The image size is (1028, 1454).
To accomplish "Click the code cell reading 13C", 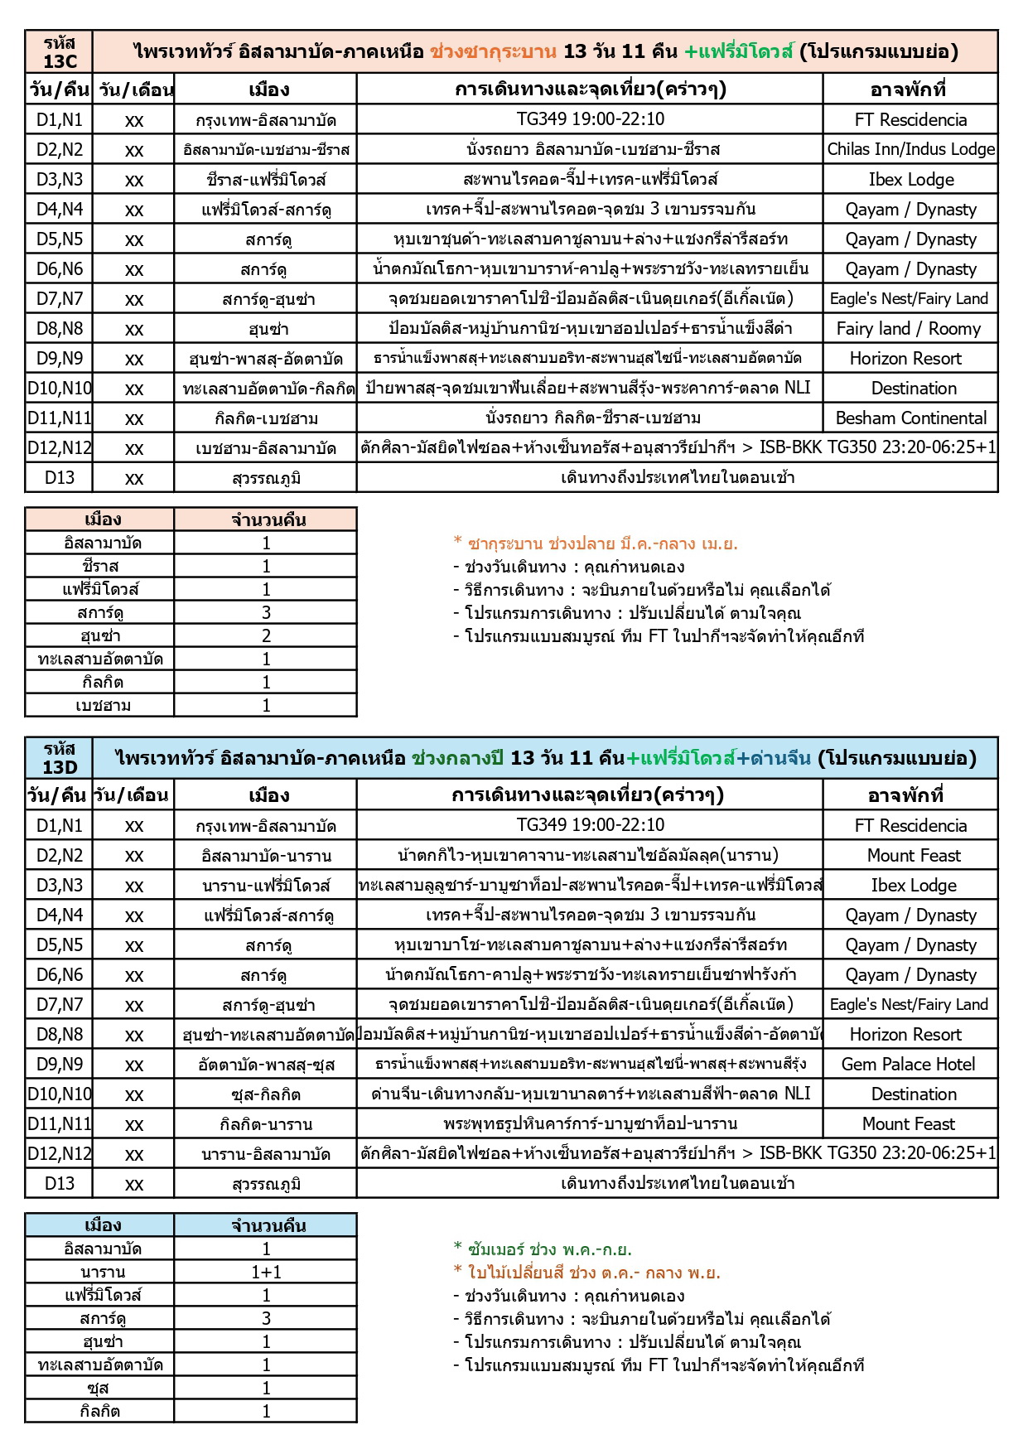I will (60, 52).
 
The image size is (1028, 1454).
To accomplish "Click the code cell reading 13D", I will (60, 758).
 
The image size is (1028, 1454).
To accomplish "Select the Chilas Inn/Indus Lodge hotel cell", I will (910, 149).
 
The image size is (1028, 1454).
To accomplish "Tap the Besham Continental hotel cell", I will (910, 418).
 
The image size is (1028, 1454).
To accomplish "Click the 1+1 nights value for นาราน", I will (266, 1272).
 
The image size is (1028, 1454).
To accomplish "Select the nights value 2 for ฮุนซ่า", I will (266, 635).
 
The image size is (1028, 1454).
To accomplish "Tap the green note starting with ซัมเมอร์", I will (542, 1249).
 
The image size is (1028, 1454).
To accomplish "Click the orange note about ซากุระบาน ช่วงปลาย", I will (595, 543).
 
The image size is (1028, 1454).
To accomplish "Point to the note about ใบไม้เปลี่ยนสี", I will (586, 1272).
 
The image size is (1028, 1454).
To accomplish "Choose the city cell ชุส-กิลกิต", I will (266, 1094).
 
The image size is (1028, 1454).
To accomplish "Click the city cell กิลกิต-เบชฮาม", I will (266, 418).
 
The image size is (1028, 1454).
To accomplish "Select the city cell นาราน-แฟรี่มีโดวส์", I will (266, 885).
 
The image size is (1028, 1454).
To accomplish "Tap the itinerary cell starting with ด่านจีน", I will (590, 1094).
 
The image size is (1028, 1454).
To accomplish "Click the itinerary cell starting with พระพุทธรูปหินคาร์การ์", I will (590, 1123).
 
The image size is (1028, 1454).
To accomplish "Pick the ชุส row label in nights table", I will (99, 1388).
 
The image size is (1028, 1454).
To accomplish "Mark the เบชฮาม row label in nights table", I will (102, 705).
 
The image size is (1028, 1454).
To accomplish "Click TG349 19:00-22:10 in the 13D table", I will (590, 825).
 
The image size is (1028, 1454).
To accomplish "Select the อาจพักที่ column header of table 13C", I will (908, 89).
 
